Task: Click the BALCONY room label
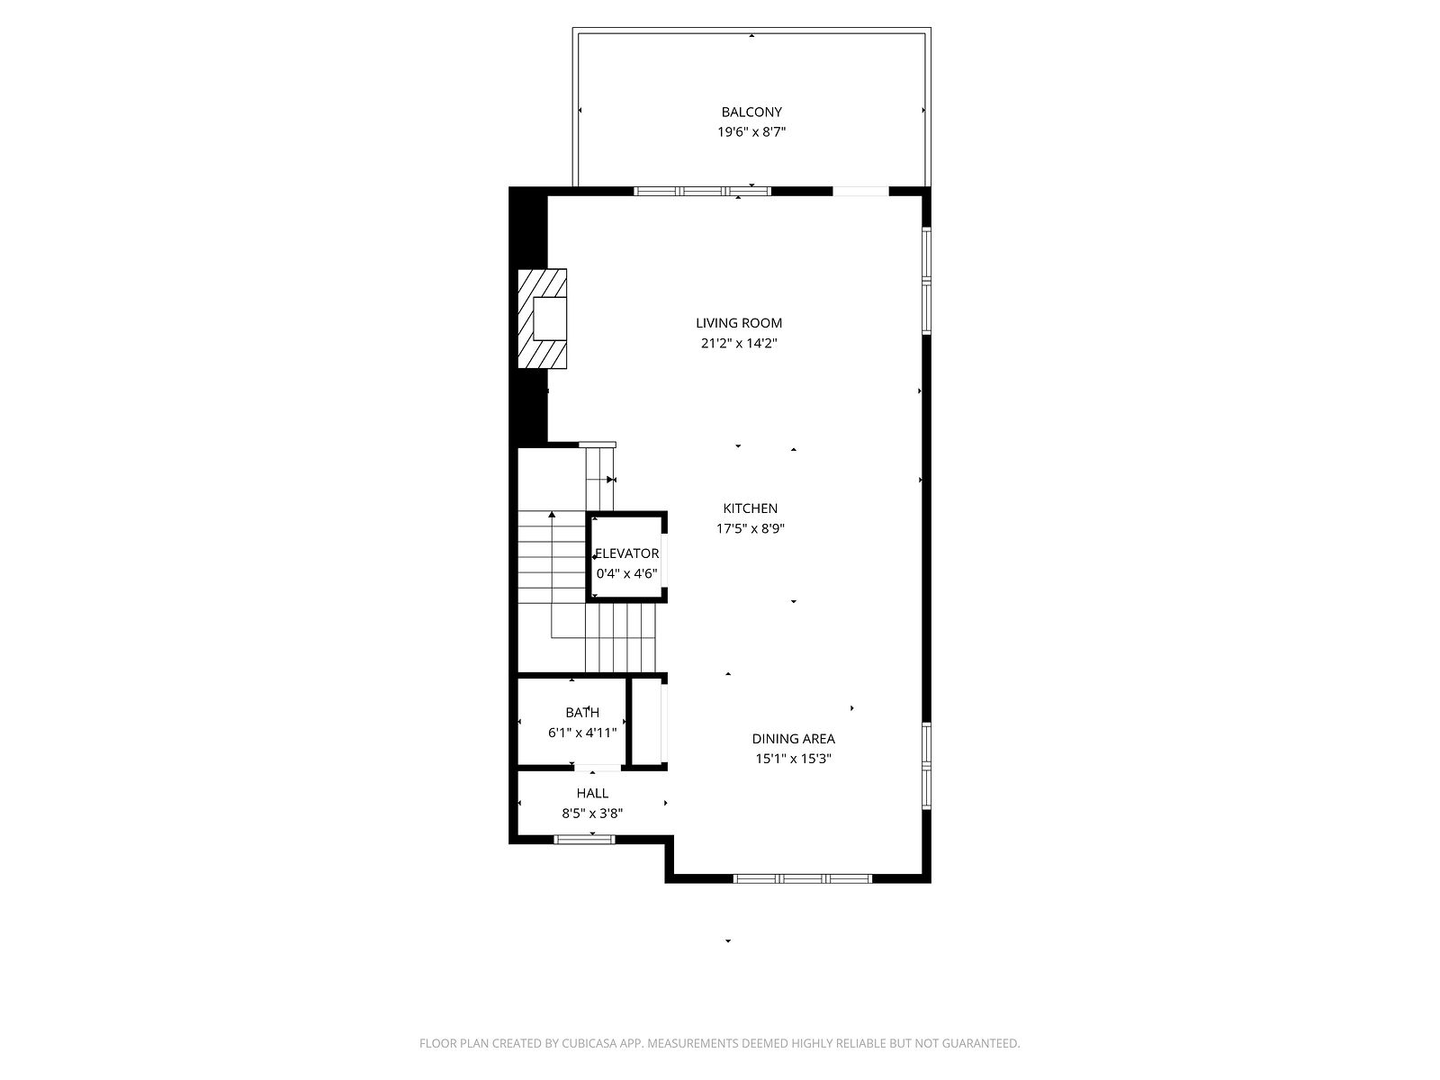pyautogui.click(x=751, y=112)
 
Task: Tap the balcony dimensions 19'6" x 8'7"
pyautogui.click(x=751, y=131)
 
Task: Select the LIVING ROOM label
pyautogui.click(x=739, y=322)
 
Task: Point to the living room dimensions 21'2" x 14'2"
pyautogui.click(x=739, y=343)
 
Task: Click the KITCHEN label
pyautogui.click(x=750, y=508)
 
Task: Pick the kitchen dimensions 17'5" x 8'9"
pyautogui.click(x=750, y=528)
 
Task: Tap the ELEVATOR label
pyautogui.click(x=626, y=553)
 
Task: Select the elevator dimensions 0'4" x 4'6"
pyautogui.click(x=626, y=574)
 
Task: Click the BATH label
pyautogui.click(x=582, y=712)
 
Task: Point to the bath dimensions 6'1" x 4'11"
pyautogui.click(x=582, y=733)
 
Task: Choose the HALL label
pyautogui.click(x=591, y=794)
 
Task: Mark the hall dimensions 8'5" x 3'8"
pyautogui.click(x=591, y=814)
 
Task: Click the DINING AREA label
pyautogui.click(x=793, y=739)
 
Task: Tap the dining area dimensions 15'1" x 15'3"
pyautogui.click(x=793, y=760)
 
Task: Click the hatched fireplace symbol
pyautogui.click(x=542, y=319)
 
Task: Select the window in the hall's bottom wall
pyautogui.click(x=584, y=840)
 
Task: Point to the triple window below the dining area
pyautogui.click(x=802, y=878)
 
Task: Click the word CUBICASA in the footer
pyautogui.click(x=589, y=1043)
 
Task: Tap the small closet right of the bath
pyautogui.click(x=647, y=721)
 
